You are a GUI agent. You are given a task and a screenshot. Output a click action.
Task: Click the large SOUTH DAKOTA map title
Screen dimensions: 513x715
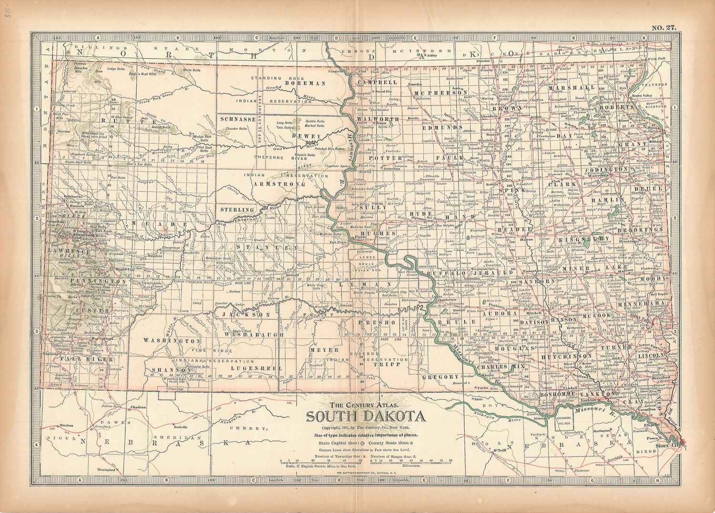366,417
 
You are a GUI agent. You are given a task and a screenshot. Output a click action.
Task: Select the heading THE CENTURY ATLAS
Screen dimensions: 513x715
365,406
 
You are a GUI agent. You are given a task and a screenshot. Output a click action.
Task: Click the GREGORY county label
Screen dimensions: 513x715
439,377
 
